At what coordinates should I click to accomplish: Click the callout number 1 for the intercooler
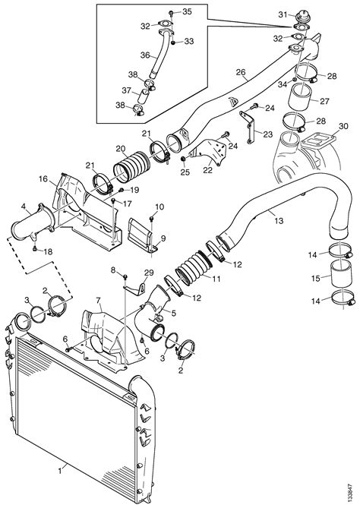[60, 471]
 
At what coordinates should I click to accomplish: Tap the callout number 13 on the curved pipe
[279, 221]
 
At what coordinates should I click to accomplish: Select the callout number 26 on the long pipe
[241, 72]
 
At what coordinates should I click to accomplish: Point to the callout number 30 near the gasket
[343, 126]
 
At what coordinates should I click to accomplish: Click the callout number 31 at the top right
[283, 14]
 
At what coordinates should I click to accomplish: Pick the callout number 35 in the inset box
[187, 11]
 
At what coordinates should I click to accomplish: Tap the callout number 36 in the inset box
[145, 55]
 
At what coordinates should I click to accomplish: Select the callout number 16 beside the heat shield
[43, 179]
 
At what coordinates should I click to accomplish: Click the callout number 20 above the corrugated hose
[121, 149]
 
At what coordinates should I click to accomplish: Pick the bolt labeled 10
[152, 220]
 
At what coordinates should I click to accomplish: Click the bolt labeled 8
[125, 276]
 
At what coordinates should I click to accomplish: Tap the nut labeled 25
[183, 158]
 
